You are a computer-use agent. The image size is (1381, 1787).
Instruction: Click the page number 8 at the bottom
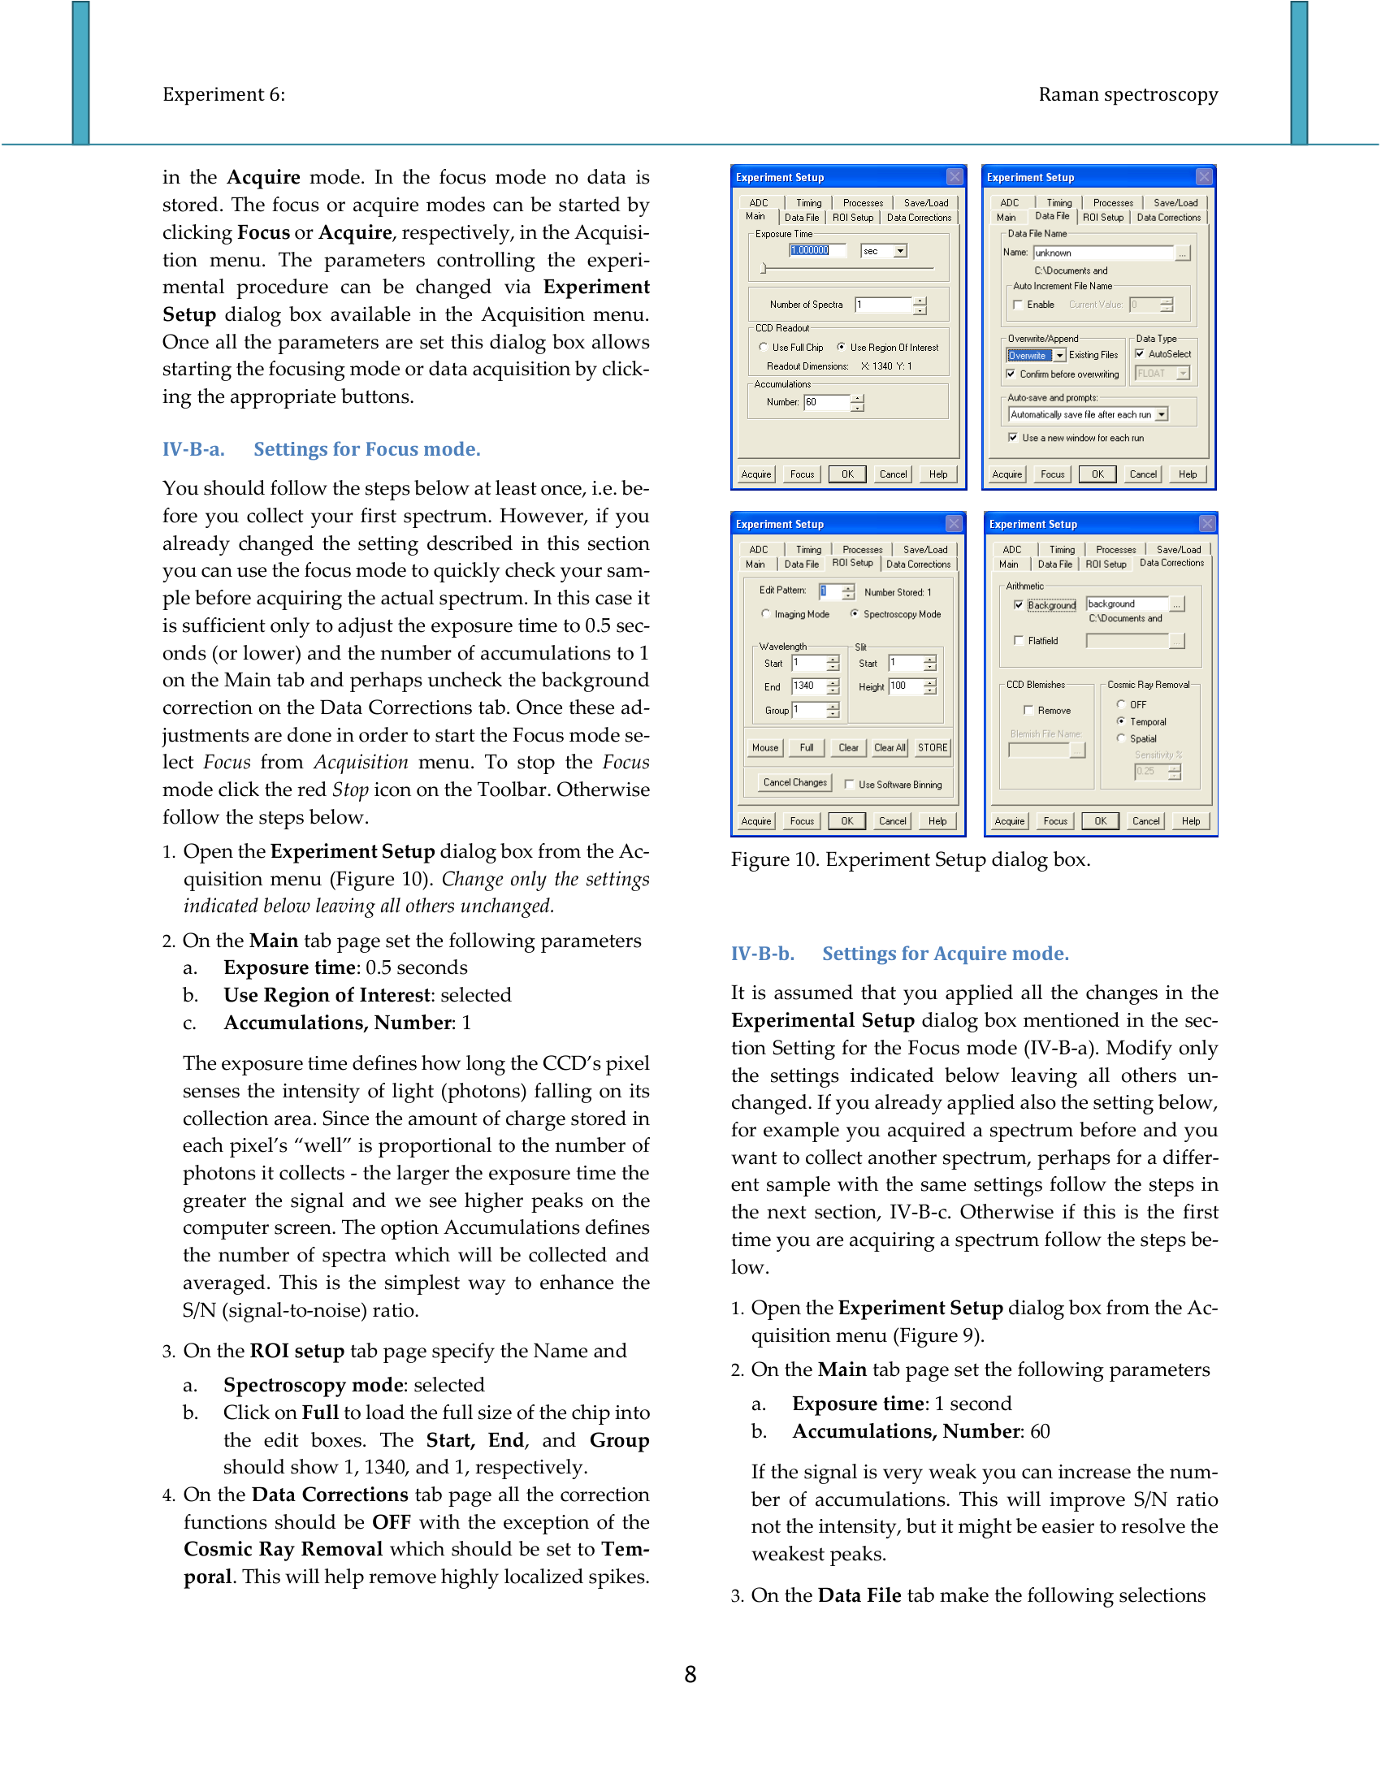690,1674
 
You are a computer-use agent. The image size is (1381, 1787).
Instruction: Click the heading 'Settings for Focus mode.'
366,449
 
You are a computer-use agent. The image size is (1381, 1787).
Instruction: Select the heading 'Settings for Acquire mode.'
945,954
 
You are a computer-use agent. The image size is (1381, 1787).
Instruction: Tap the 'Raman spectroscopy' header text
1128,94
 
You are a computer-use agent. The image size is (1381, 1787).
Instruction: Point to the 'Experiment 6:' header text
223,94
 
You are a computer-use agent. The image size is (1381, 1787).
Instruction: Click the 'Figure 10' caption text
910,859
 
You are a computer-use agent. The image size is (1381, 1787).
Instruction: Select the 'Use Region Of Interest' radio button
841,347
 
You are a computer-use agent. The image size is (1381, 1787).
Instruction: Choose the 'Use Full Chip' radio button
764,347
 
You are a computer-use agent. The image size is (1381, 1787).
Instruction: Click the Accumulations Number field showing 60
826,402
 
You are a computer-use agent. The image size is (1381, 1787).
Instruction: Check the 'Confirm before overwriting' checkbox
1011,374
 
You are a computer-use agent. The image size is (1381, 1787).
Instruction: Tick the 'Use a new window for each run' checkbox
1014,438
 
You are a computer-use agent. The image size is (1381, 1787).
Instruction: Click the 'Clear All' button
890,747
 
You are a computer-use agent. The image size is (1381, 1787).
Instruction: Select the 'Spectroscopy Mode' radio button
854,613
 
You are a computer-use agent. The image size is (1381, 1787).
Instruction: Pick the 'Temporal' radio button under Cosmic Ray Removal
1121,721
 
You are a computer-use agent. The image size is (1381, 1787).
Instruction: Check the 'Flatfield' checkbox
1019,641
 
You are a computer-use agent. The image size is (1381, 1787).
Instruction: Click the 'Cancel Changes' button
794,782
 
